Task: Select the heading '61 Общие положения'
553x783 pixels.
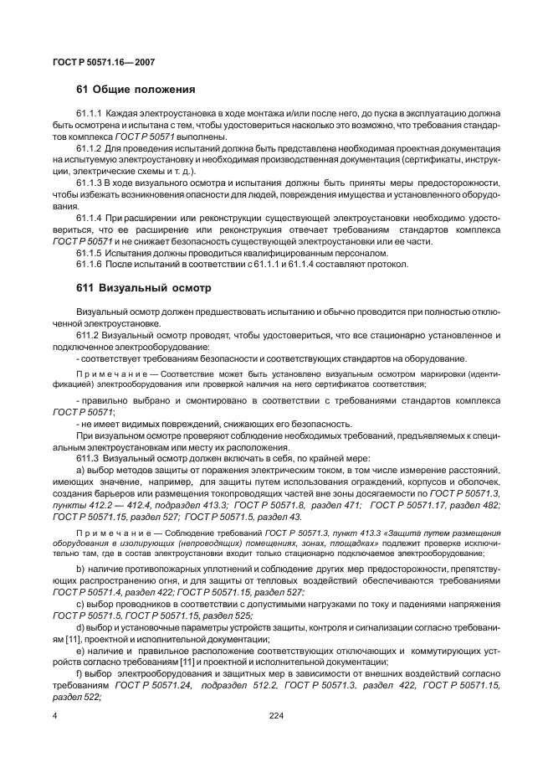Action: (x=135, y=90)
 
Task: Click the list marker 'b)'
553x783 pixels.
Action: (x=80, y=569)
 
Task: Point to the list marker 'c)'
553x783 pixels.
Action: (x=80, y=604)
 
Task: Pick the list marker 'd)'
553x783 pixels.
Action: (x=80, y=627)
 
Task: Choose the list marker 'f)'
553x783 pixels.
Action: (x=79, y=674)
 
